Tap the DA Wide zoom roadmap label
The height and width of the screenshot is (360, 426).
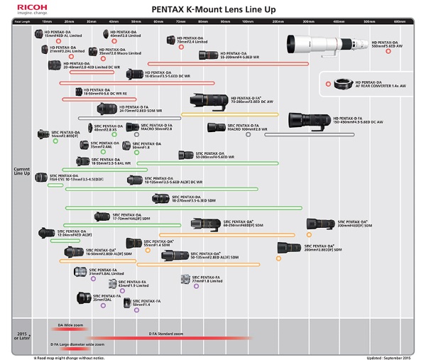70,324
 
